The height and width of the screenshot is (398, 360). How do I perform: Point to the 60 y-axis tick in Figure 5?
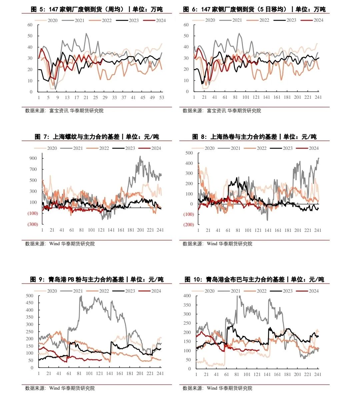[x=30, y=25]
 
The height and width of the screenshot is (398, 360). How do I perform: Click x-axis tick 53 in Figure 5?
[x=162, y=97]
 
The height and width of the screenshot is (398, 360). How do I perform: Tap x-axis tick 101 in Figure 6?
[x=246, y=97]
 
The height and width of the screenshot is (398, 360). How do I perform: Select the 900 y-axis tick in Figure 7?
[x=33, y=158]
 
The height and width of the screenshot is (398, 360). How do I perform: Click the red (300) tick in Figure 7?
[x=33, y=224]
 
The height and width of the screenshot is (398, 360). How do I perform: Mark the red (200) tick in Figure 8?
[x=188, y=225]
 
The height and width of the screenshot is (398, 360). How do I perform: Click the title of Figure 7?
[x=97, y=137]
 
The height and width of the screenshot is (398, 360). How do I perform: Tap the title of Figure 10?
[x=254, y=280]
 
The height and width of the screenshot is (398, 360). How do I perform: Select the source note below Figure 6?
[x=222, y=110]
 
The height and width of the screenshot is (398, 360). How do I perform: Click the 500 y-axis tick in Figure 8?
[x=189, y=153]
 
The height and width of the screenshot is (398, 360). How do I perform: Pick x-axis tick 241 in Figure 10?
[x=318, y=374]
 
